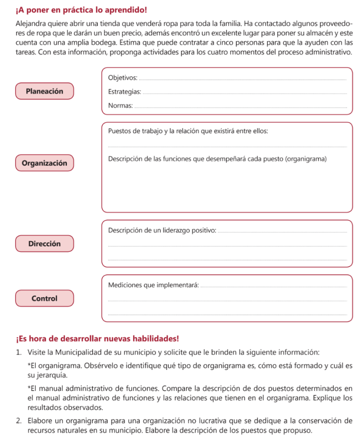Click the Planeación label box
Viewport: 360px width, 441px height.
click(44, 91)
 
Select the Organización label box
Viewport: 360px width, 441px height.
click(44, 163)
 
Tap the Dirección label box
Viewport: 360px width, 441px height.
click(44, 244)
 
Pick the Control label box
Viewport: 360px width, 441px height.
click(44, 298)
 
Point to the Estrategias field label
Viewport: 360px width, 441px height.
click(125, 92)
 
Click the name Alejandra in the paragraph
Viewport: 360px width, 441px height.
click(31, 23)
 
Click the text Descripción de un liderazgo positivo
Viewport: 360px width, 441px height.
click(162, 230)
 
